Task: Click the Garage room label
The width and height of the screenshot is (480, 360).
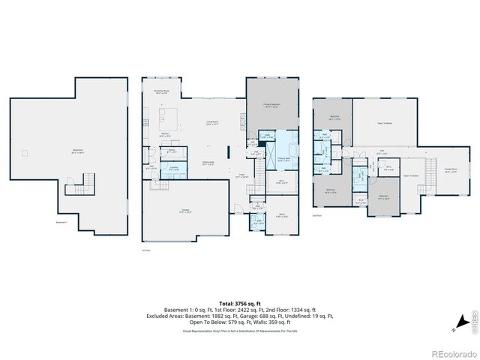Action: (x=185, y=211)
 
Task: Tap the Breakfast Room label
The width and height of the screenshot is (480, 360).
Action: (x=161, y=91)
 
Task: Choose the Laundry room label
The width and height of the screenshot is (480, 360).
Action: (x=173, y=169)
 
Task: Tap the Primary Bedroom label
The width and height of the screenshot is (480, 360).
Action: (x=271, y=105)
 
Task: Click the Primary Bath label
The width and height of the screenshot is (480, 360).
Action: (x=284, y=159)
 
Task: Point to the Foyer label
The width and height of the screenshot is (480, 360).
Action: (x=242, y=176)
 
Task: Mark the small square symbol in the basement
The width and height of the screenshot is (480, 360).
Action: (x=25, y=153)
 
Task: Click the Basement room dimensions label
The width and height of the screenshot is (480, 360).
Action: (x=77, y=152)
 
